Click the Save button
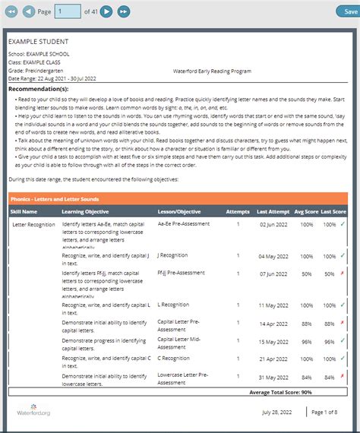point(344,11)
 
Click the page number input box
point(68,11)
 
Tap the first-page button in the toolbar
point(11,11)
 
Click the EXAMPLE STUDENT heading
point(39,41)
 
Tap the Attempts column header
point(237,211)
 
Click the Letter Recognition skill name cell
point(33,225)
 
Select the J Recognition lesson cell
point(173,256)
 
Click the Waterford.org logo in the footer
point(34,412)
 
